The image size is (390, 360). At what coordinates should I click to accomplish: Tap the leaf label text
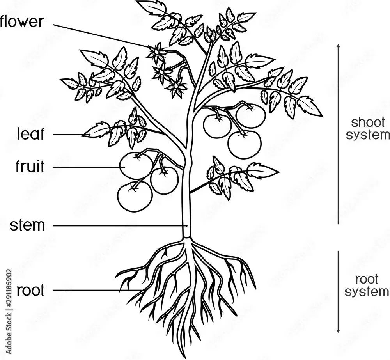[x=31, y=134]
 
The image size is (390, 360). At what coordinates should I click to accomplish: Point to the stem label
[x=28, y=225]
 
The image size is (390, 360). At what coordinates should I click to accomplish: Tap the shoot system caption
[x=368, y=129]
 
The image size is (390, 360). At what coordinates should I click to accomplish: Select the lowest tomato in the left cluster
[x=135, y=196]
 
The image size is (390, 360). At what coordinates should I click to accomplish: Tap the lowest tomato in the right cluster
[x=244, y=144]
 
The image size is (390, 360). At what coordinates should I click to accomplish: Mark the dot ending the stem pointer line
[x=187, y=225]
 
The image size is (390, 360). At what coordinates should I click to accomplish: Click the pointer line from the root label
[x=94, y=290]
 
